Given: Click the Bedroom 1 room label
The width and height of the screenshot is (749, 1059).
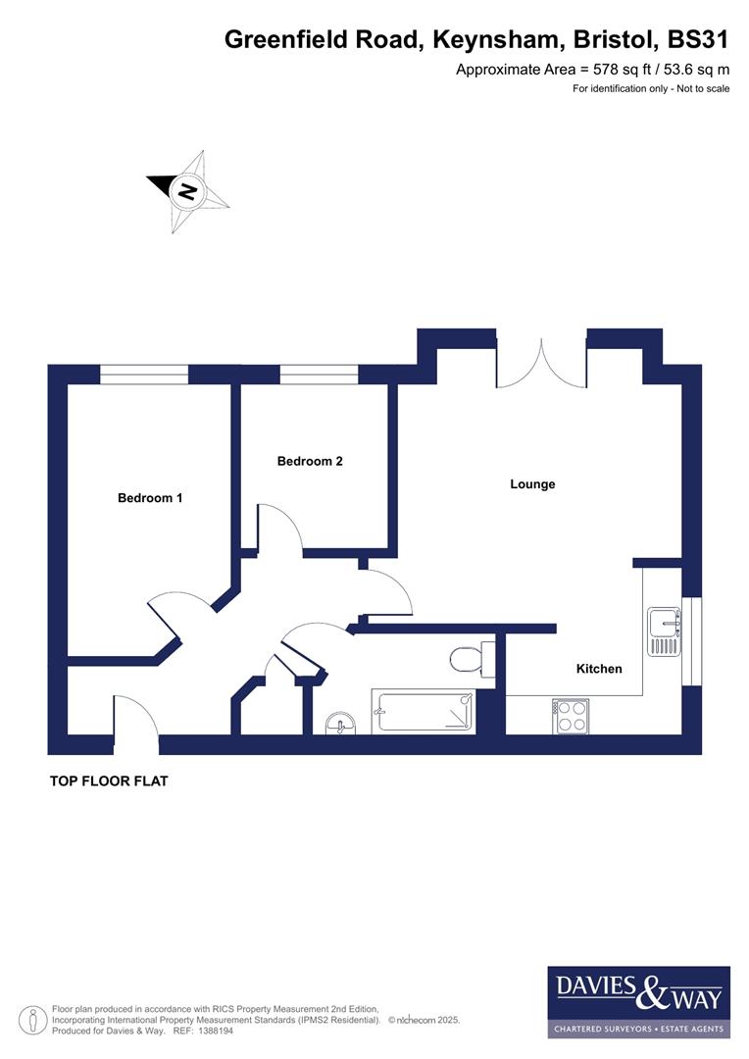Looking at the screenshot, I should (150, 498).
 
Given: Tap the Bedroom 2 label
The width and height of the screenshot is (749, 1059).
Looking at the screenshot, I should (310, 461).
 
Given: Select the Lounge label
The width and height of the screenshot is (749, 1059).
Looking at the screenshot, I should (532, 484).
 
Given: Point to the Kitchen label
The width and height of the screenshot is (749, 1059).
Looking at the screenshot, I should (599, 669).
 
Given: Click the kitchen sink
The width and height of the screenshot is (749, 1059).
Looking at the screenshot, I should (664, 630).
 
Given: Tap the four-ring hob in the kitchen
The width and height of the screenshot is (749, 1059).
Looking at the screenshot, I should (571, 715).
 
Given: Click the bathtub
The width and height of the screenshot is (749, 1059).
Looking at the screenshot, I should (423, 712).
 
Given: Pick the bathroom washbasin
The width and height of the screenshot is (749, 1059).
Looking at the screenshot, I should (341, 724).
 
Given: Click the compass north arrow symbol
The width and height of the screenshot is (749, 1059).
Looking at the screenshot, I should (187, 190).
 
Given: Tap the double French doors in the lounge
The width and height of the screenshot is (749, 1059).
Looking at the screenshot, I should (541, 365).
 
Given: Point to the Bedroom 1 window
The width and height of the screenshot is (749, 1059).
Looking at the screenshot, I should (144, 375).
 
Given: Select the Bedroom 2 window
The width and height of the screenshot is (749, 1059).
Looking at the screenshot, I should (319, 375).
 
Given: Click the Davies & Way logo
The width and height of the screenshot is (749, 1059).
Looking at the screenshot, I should (638, 1001).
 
